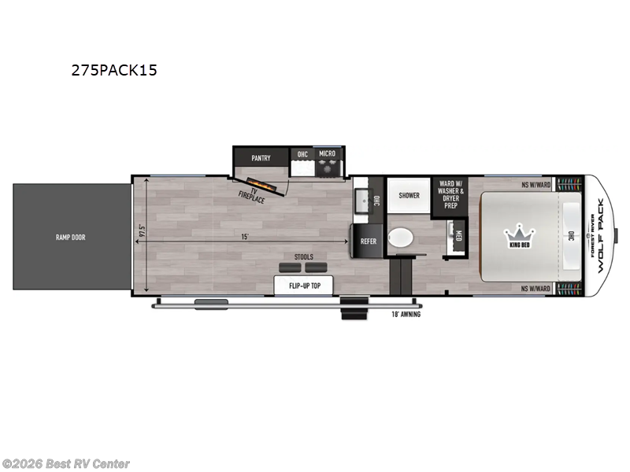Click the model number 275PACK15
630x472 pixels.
115,70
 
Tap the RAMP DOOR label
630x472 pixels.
70,237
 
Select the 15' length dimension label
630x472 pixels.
246,235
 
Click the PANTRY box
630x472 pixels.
261,158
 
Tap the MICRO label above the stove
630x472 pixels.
327,153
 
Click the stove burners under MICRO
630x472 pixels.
327,168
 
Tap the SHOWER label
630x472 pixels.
409,195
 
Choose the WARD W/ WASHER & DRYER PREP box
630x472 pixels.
451,196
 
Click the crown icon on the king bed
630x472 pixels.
520,234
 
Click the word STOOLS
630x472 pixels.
303,257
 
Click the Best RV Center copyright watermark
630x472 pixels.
66,463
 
